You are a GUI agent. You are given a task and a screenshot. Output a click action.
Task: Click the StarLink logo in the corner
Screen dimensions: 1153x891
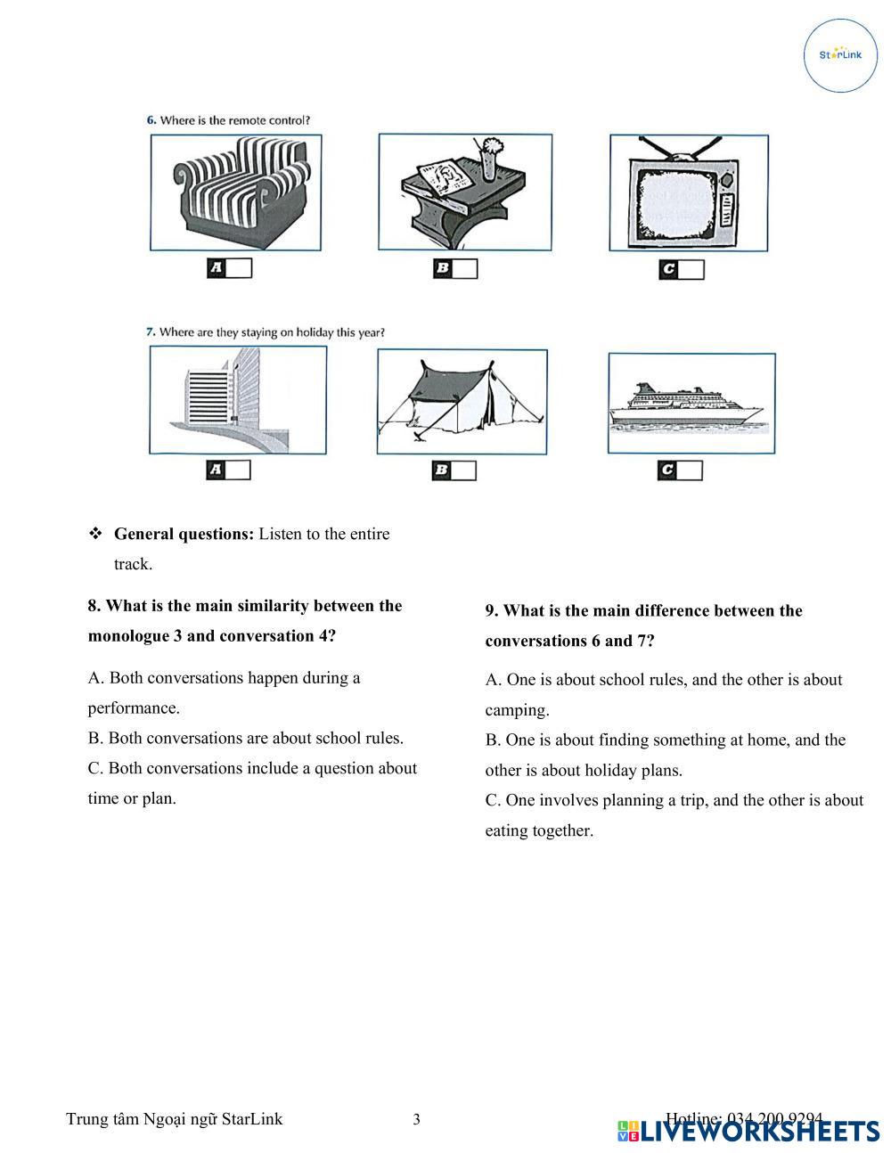click(840, 55)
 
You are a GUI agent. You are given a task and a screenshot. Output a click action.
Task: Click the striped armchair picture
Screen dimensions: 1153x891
click(236, 192)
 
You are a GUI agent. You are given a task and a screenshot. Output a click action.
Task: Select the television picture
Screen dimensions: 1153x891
click(689, 193)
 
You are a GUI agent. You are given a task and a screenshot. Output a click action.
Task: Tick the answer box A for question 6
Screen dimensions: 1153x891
click(239, 267)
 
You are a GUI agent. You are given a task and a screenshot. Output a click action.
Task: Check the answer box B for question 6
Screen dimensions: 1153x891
click(464, 268)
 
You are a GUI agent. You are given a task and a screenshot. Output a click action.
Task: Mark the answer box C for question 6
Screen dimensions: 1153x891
click(691, 269)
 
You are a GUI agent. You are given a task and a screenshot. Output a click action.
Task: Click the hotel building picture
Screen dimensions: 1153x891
click(238, 400)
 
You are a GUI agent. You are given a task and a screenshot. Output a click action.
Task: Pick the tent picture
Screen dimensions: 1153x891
click(462, 401)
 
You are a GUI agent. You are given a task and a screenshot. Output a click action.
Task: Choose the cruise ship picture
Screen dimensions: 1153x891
click(691, 404)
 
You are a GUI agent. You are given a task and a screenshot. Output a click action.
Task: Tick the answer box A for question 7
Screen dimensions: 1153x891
click(238, 470)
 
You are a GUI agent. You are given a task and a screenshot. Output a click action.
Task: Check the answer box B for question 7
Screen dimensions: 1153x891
click(463, 470)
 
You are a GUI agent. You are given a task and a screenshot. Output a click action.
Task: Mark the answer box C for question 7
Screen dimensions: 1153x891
click(690, 470)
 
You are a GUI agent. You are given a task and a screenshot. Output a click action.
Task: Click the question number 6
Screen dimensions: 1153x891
click(151, 120)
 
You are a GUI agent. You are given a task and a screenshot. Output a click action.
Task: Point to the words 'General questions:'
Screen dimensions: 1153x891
click(184, 534)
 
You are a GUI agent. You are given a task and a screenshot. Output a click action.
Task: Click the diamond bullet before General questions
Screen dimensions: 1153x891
click(95, 534)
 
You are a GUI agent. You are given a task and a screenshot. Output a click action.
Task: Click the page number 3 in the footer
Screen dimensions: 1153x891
click(416, 1119)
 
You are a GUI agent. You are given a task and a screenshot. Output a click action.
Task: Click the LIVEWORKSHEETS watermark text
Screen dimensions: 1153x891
click(760, 1132)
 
